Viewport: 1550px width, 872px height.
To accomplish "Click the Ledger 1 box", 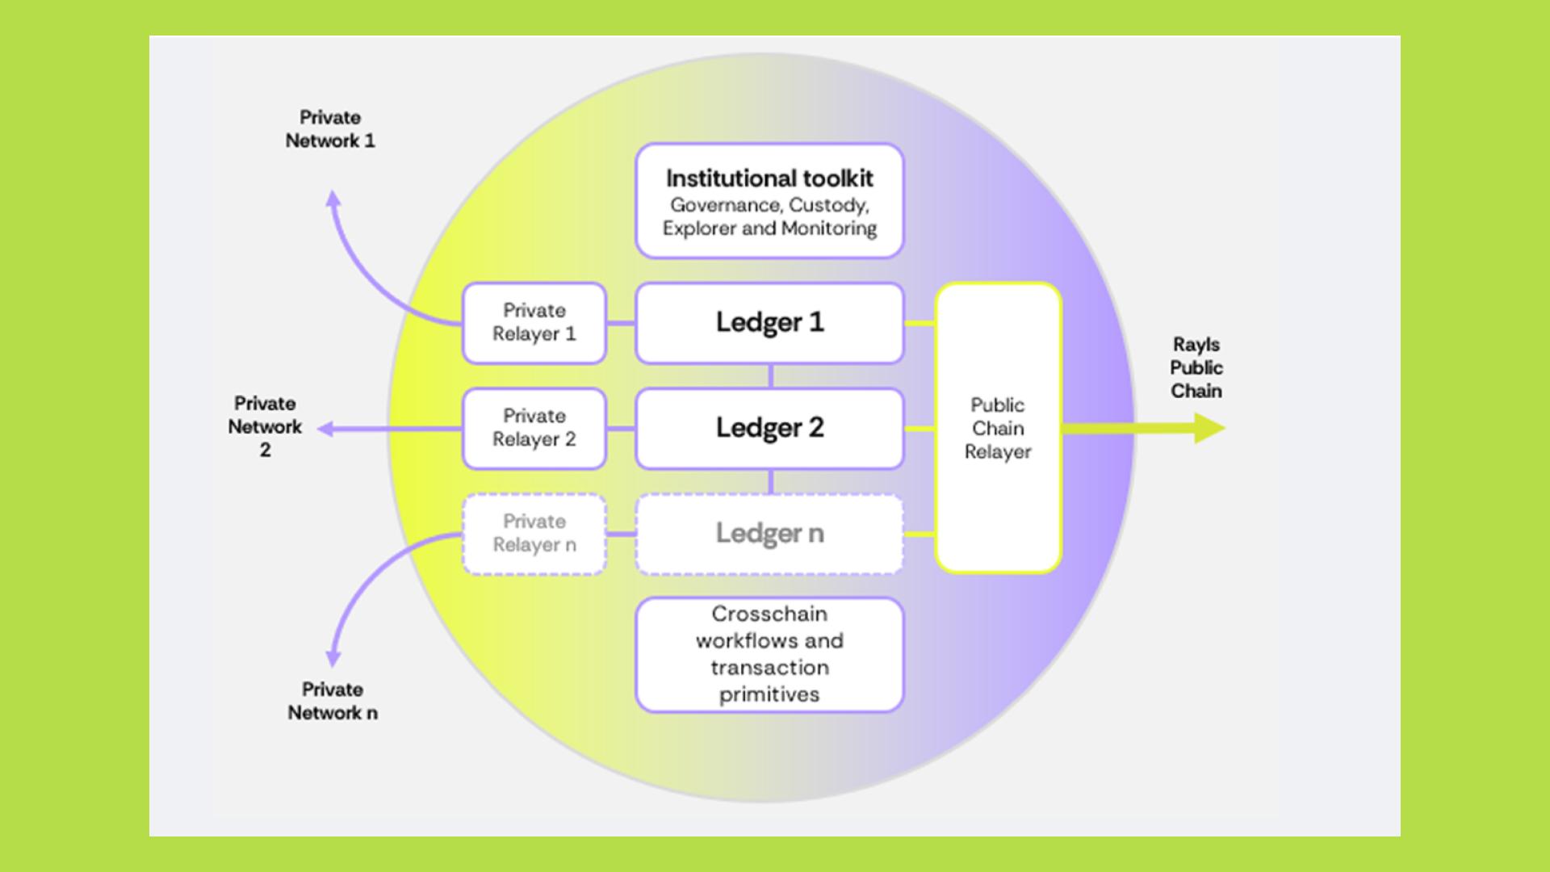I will [769, 323].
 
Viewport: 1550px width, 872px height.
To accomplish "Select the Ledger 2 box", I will [769, 428].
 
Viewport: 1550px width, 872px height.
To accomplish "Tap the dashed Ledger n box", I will [769, 534].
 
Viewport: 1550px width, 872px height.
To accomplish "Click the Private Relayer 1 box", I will [534, 323].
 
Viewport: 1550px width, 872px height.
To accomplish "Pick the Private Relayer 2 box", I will [534, 428].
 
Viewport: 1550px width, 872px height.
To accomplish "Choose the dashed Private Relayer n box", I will [534, 534].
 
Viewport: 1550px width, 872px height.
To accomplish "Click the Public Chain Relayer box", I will [998, 428].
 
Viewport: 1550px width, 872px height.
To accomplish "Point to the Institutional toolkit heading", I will [769, 178].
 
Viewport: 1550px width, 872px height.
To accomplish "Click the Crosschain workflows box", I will [769, 654].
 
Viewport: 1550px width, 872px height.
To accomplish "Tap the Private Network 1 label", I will [330, 129].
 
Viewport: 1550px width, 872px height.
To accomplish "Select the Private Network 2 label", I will [265, 426].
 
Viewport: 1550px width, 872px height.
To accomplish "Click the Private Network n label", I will [333, 701].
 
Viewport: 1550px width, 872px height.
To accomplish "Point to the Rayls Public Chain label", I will [1196, 367].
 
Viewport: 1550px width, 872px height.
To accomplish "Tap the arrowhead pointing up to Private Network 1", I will [333, 199].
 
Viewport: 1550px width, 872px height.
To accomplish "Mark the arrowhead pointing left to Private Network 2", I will [325, 429].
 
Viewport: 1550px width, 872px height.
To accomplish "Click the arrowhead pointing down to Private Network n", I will [333, 659].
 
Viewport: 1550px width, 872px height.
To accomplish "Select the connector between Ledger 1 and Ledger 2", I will [770, 376].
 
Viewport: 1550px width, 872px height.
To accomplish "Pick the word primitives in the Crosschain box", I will [769, 694].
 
